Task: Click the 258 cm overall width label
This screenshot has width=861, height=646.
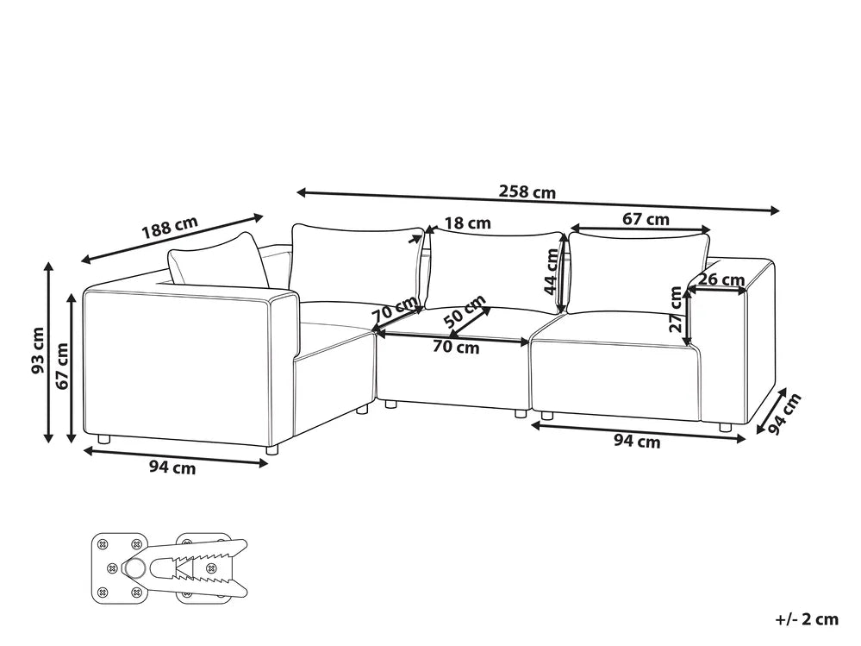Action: (527, 191)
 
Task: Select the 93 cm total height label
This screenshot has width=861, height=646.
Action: (37, 350)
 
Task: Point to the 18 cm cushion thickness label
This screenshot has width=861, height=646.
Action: (467, 223)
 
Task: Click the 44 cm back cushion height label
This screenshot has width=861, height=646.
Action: (551, 272)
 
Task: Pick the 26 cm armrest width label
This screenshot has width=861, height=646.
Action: (721, 279)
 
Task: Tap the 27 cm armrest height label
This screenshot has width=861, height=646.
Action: (676, 310)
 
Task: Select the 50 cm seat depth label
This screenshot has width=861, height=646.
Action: (465, 311)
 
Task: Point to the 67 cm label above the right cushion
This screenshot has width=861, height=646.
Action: (646, 219)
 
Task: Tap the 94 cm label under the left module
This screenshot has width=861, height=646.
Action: (172, 468)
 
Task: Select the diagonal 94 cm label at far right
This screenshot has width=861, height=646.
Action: (783, 414)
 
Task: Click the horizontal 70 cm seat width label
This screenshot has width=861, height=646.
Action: (456, 348)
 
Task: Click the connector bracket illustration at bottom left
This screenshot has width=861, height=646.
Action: (169, 568)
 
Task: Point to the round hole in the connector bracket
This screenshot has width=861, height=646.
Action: (134, 568)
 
